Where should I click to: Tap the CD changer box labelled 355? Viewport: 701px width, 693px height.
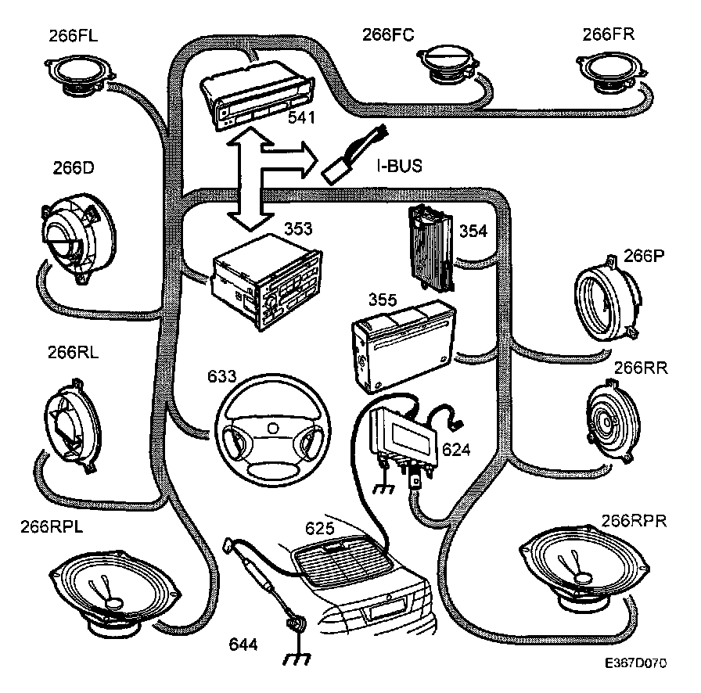pos(399,343)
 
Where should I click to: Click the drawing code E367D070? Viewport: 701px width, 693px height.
pos(634,663)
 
